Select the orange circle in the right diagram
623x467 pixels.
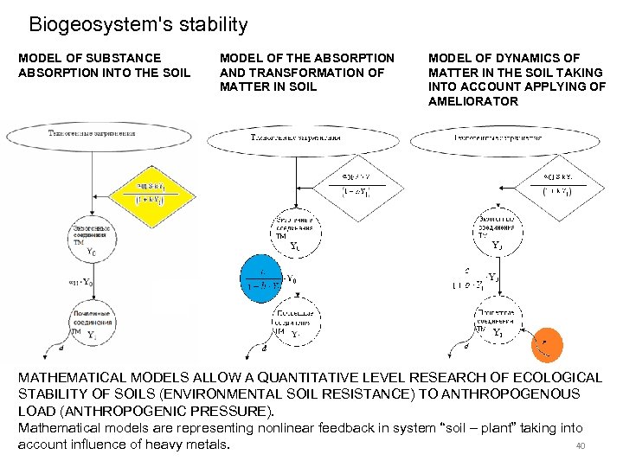coord(550,344)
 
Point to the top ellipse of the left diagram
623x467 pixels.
coord(102,135)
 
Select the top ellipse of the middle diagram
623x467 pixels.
coord(295,138)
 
